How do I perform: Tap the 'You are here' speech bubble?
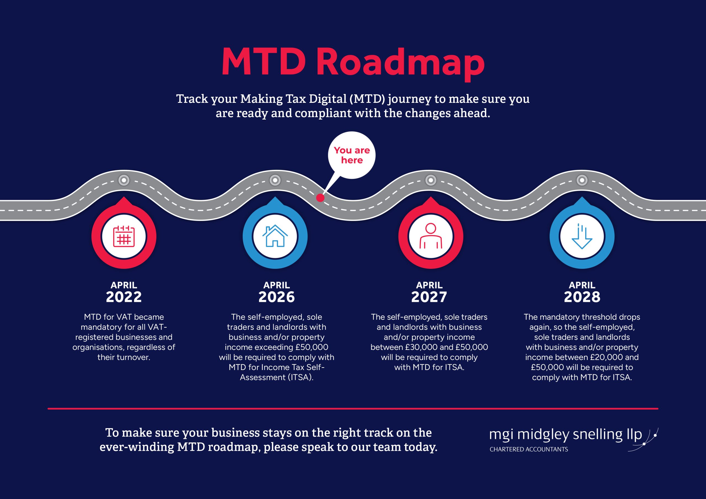[351, 155]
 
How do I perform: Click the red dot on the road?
[320, 198]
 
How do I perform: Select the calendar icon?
[124, 237]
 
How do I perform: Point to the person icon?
[431, 236]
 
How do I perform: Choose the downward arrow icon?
[582, 236]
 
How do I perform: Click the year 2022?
[124, 297]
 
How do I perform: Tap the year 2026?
[276, 297]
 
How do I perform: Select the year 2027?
[429, 297]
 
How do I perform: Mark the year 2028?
[582, 297]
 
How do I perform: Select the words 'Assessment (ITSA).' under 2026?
[276, 377]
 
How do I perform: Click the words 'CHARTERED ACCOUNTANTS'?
[529, 449]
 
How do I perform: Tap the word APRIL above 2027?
[429, 285]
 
